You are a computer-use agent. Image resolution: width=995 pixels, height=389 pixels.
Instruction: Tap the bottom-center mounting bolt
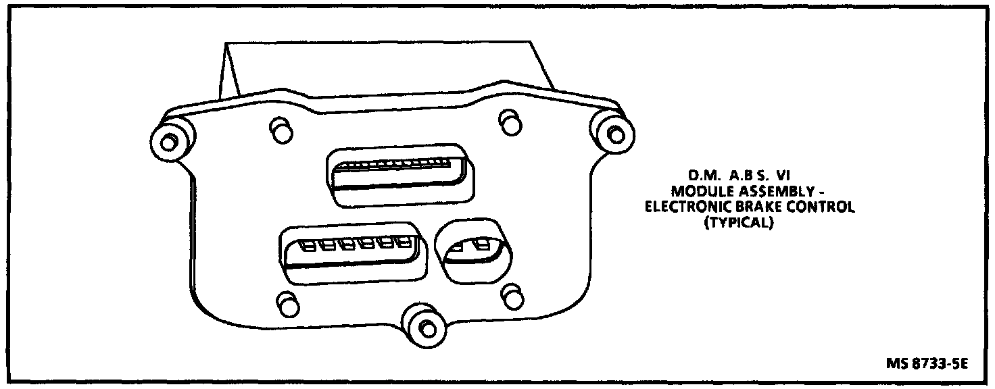(x=423, y=327)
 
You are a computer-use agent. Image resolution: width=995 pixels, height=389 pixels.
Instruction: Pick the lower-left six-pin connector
(x=354, y=253)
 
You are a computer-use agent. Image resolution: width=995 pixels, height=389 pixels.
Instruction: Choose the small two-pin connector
(x=472, y=252)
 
